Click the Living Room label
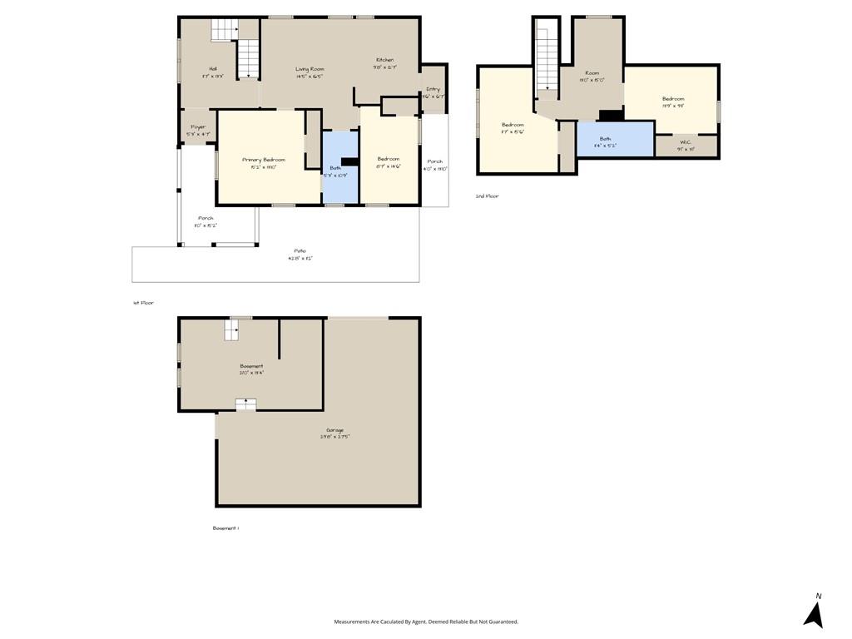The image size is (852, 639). (x=310, y=69)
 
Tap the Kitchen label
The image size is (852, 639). (x=384, y=60)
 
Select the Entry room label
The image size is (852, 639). (x=433, y=89)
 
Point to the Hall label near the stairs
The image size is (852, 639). (x=213, y=68)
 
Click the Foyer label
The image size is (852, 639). (x=198, y=127)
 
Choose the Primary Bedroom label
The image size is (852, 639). (x=264, y=160)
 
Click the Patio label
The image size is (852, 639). (x=300, y=250)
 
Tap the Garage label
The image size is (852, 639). (x=334, y=430)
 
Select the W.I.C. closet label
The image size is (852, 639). (x=686, y=141)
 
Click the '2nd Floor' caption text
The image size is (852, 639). (x=487, y=196)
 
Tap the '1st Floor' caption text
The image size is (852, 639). (x=143, y=303)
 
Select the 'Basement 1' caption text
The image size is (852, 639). (x=225, y=528)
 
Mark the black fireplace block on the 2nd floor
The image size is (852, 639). (x=611, y=116)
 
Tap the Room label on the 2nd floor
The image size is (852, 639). (x=592, y=73)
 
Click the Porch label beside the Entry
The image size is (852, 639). (x=434, y=161)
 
